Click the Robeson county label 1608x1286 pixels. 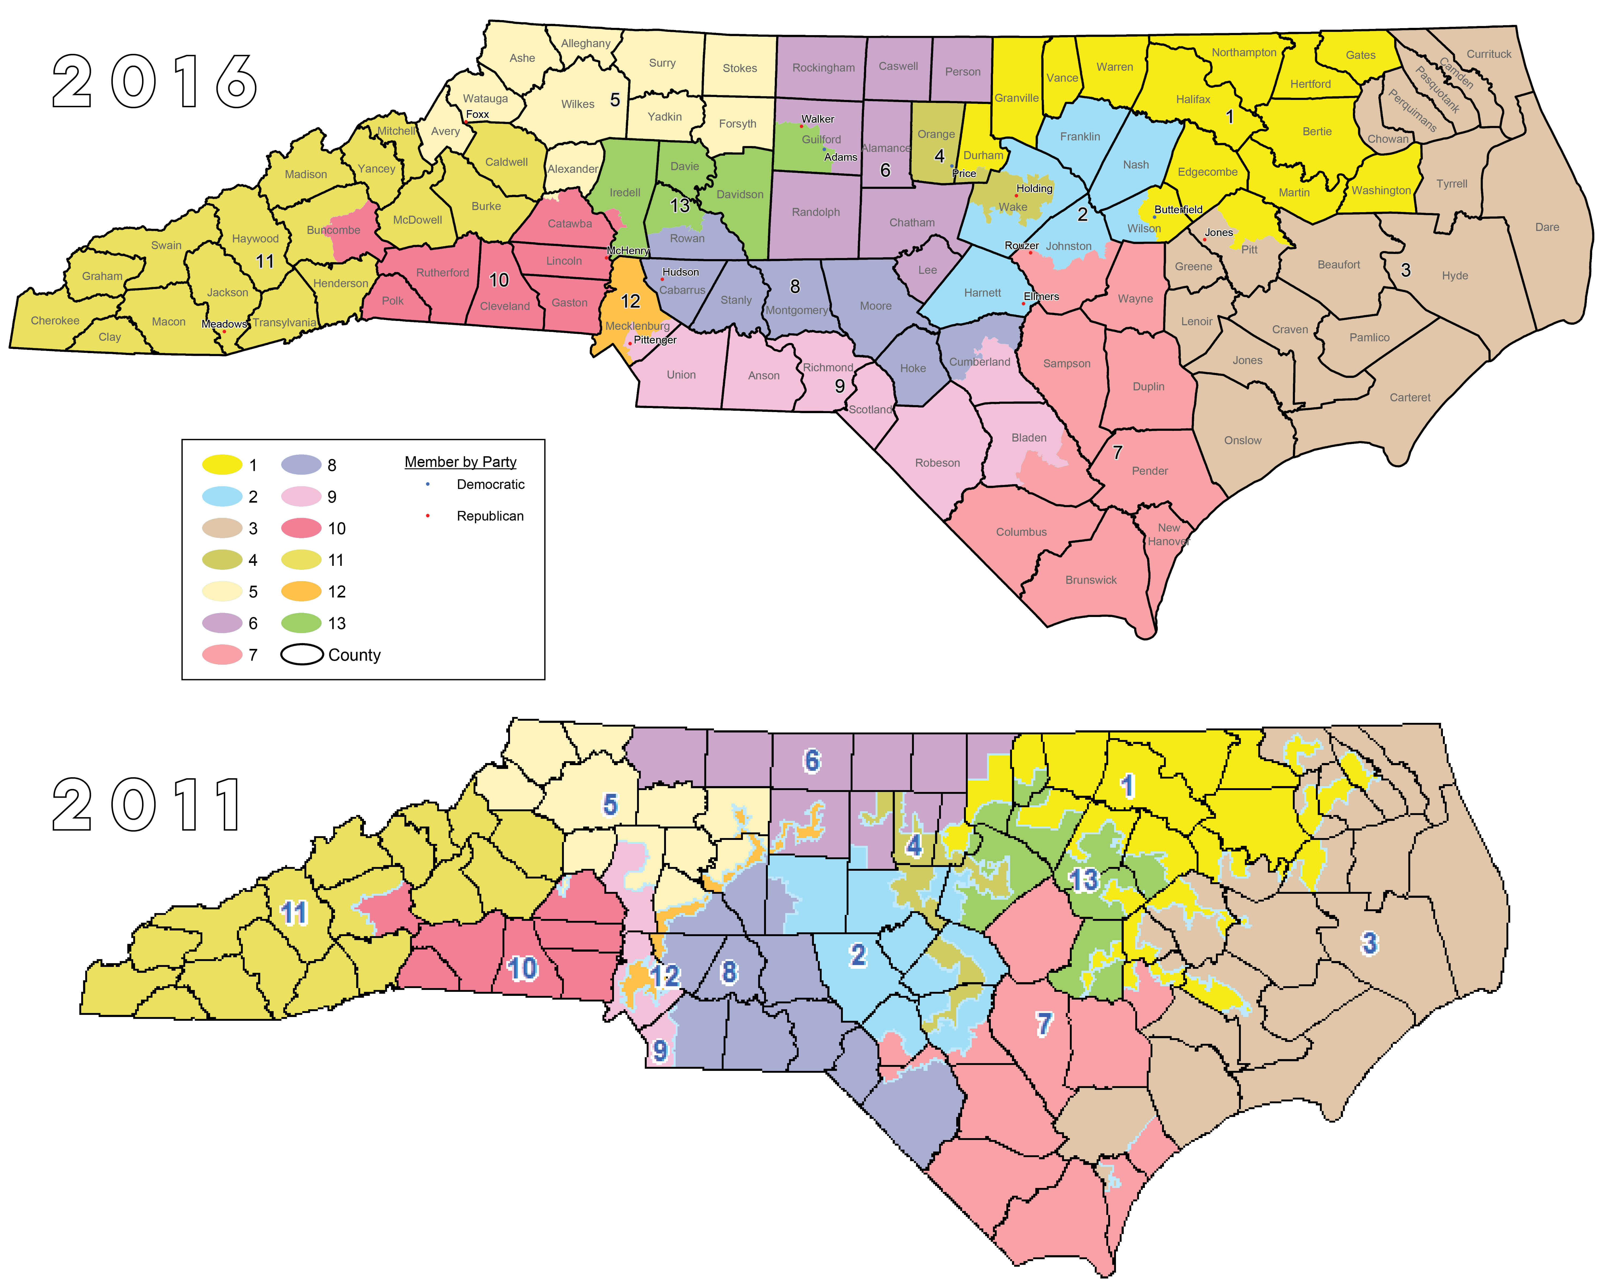[937, 463]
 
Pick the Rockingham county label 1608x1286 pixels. [823, 68]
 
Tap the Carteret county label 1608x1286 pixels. [1410, 397]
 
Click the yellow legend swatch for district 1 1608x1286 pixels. [222, 465]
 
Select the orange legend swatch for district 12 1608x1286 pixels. [301, 592]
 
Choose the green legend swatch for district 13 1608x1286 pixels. [301, 623]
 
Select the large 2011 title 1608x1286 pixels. [148, 805]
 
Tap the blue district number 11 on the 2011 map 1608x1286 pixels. [293, 913]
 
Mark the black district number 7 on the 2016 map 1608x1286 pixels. [1117, 453]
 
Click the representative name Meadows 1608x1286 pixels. [224, 324]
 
